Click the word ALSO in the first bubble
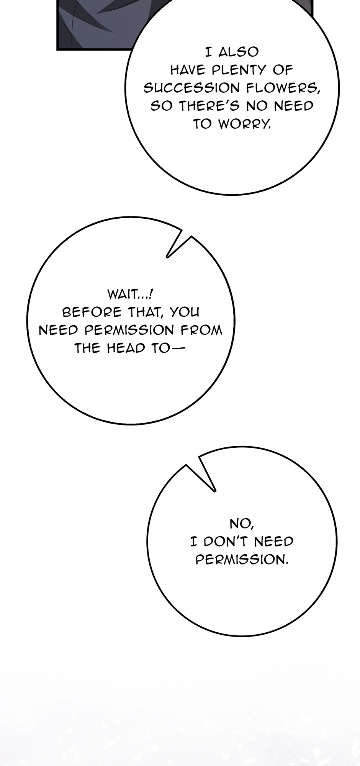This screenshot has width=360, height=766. tap(238, 52)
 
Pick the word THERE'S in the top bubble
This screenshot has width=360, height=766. tap(210, 106)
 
